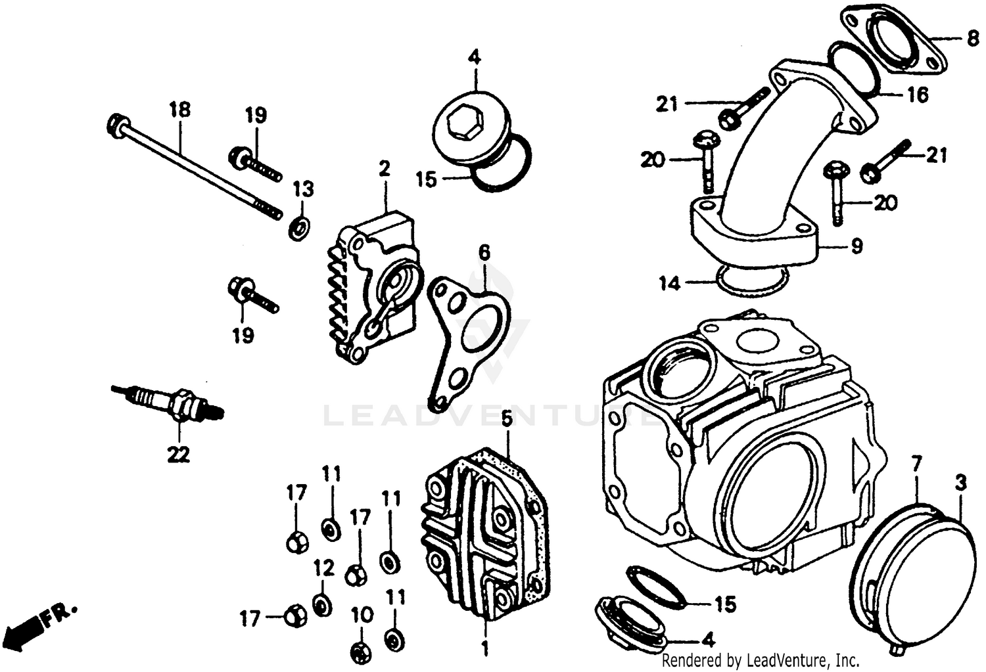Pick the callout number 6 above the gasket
(484, 252)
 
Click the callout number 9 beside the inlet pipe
(857, 246)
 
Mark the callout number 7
(916, 464)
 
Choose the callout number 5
(506, 418)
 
